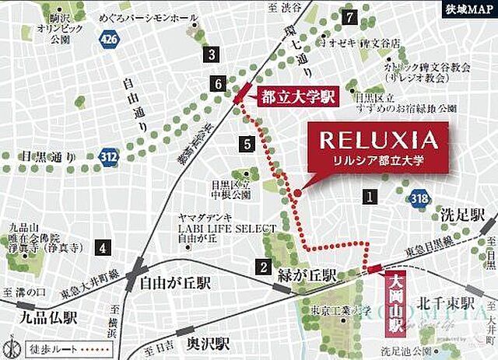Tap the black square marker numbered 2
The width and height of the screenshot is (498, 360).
click(x=265, y=267)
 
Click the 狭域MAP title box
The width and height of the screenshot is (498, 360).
click(x=468, y=10)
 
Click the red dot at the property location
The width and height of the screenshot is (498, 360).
click(x=297, y=194)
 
